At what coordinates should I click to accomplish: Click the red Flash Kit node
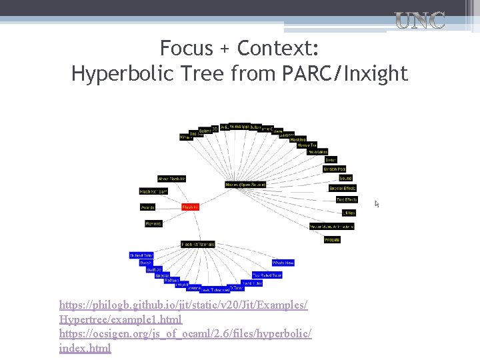191,207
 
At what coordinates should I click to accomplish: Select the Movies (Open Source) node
245,184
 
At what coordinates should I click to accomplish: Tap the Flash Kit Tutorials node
198,245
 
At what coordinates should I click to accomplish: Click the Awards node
148,207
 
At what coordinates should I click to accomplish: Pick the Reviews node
154,223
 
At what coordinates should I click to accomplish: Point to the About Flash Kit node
171,179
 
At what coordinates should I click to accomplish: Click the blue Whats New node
283,263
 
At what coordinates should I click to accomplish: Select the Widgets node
332,239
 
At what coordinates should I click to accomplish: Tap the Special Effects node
343,189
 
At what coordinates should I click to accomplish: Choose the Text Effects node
347,199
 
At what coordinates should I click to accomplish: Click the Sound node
345,179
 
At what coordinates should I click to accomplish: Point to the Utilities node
348,213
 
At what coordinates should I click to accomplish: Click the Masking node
298,139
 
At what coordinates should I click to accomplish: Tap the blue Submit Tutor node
141,255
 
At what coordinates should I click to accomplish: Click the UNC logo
420,20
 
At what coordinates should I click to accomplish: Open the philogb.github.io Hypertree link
183,311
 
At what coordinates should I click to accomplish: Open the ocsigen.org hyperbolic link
185,339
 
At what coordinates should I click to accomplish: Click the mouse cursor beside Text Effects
377,203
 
